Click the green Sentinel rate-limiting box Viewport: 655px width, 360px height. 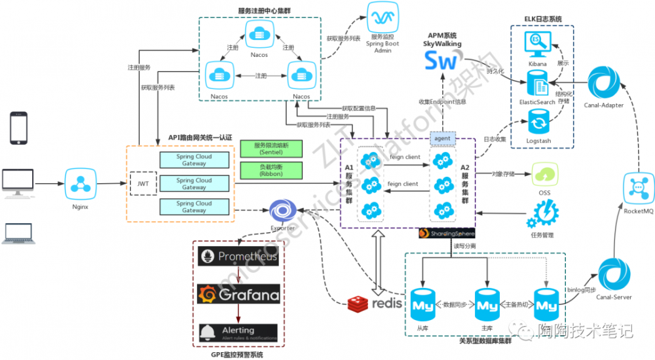coord(271,148)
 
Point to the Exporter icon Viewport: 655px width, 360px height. coord(283,212)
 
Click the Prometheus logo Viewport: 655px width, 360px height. coord(238,257)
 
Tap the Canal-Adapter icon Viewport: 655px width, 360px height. coord(603,81)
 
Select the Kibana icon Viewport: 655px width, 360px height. coord(538,46)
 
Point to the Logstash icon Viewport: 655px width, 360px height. coord(538,121)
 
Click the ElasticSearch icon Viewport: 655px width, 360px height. coord(538,84)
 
